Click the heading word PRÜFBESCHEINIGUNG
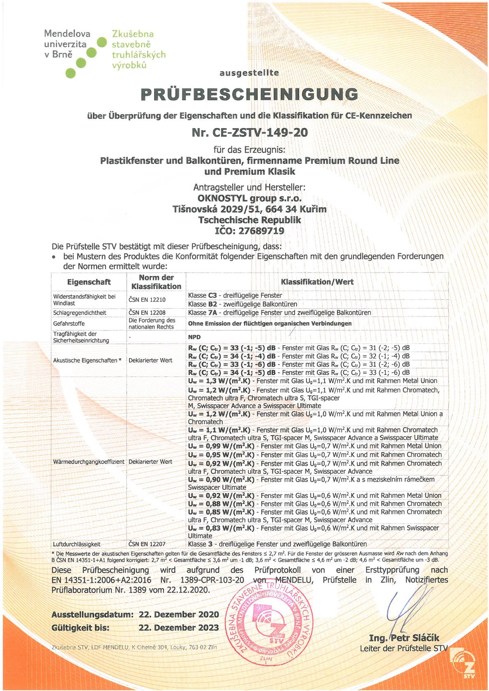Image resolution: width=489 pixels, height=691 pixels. point(249,94)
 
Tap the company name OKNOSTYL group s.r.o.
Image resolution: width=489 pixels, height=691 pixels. point(249,198)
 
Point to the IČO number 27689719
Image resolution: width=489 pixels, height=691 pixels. point(261,231)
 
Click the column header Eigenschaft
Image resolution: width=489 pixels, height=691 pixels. point(89,282)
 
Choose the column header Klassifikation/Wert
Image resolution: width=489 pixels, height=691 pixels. point(317,282)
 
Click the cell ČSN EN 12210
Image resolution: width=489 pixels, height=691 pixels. point(147,300)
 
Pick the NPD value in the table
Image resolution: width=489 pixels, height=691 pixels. point(194,337)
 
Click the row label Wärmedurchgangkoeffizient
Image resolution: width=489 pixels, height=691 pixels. point(89,461)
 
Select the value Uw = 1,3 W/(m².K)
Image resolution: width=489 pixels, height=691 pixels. point(219,381)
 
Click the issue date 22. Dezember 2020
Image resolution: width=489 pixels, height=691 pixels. point(179,615)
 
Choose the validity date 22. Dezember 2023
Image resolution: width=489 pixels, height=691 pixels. point(179,628)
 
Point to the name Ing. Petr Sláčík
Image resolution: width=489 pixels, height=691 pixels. point(404,638)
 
